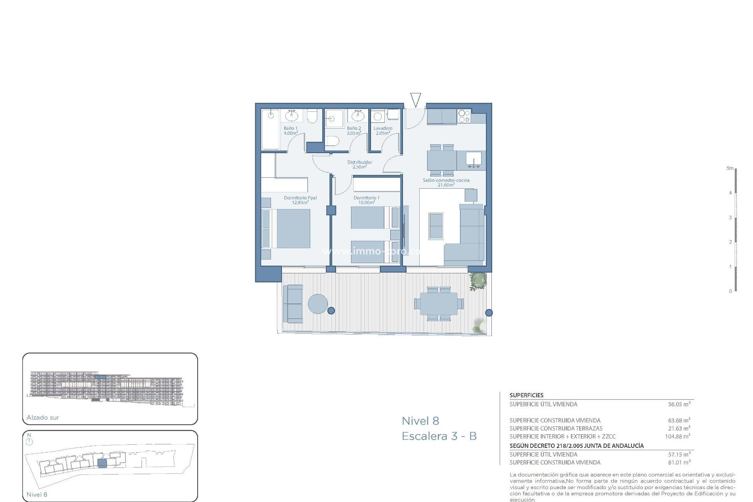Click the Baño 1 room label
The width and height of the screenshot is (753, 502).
pyautogui.click(x=291, y=128)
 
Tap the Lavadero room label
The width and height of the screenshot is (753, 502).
pyautogui.click(x=383, y=128)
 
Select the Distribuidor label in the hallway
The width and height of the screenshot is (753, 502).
pyautogui.click(x=360, y=162)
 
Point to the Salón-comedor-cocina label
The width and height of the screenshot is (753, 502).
pyautogui.click(x=446, y=180)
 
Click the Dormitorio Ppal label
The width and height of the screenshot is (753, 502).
pyautogui.click(x=300, y=198)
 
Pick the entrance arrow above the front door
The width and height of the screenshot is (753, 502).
pyautogui.click(x=415, y=100)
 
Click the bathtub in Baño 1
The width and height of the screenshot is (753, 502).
pyautogui.click(x=271, y=129)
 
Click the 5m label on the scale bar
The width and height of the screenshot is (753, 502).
pyautogui.click(x=729, y=168)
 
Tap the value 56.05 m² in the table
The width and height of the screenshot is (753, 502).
pyautogui.click(x=679, y=404)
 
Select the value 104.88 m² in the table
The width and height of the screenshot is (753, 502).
pyautogui.click(x=677, y=436)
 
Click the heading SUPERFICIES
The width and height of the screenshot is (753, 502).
pyautogui.click(x=526, y=395)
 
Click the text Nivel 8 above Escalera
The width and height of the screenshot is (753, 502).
pyautogui.click(x=420, y=421)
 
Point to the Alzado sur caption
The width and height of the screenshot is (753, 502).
pyautogui.click(x=43, y=418)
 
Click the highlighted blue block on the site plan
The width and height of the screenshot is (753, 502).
pyautogui.click(x=102, y=463)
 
